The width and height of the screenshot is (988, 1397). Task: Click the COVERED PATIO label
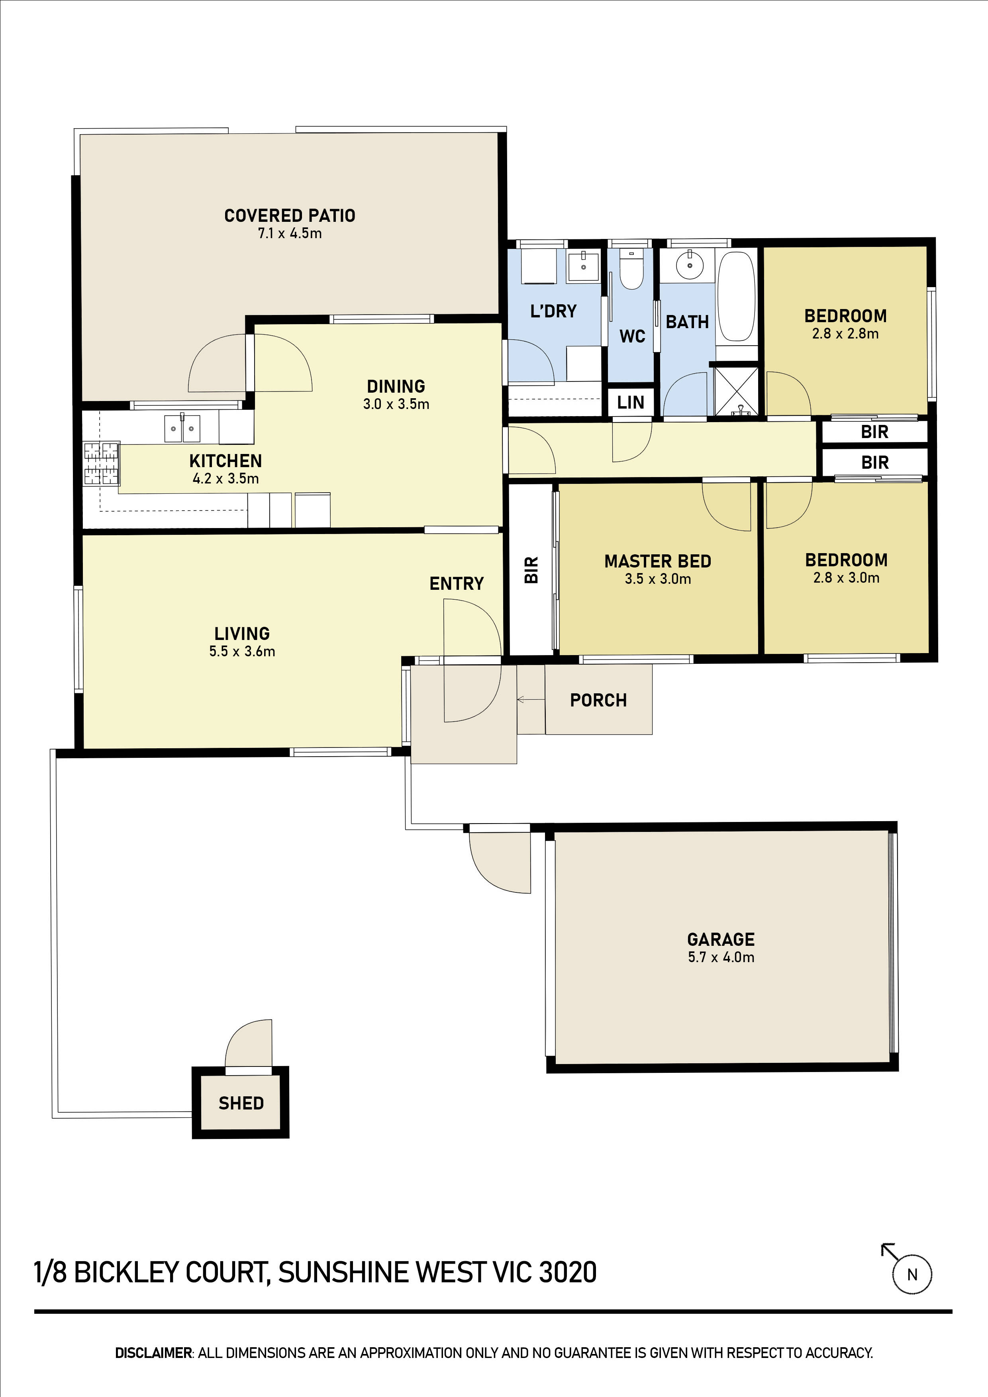coord(290,215)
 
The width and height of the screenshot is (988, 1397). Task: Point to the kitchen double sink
coord(182,428)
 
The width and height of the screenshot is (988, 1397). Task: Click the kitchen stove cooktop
coord(101,464)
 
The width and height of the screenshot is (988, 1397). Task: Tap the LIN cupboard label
coord(631,402)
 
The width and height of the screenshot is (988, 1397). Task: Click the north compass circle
coord(912,1274)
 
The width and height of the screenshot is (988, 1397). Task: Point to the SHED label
coord(241,1103)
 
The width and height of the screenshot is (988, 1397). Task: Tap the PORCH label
coord(598,700)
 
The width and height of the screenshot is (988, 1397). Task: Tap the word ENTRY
coord(457,583)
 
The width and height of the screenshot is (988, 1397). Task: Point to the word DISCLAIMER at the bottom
coord(153,1352)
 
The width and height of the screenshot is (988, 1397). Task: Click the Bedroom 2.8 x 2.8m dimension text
coord(845,333)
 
